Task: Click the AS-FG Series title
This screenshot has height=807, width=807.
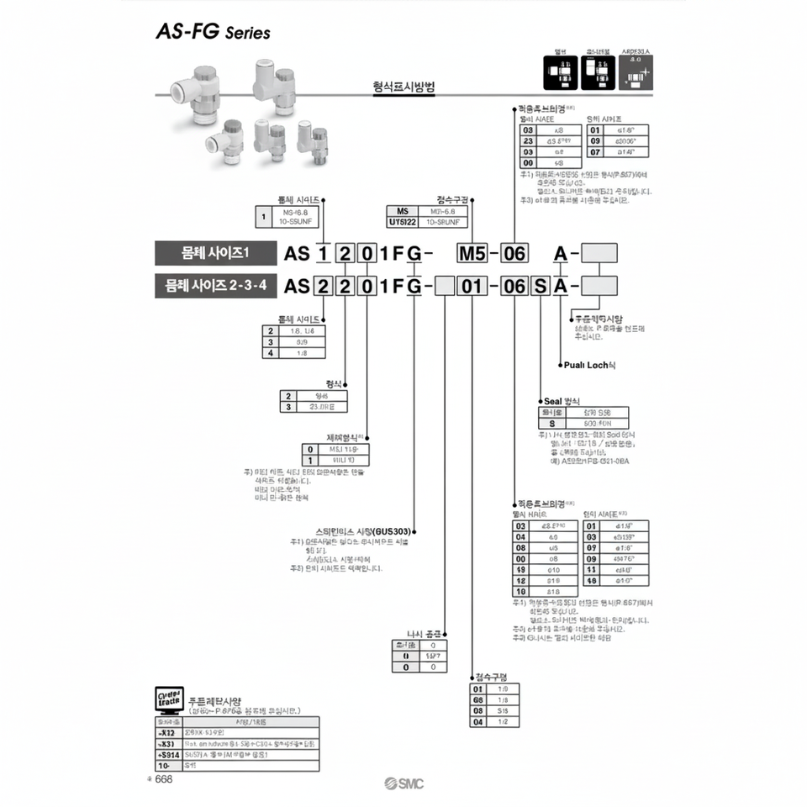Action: [x=213, y=32]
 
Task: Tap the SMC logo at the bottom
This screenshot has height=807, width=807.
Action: [x=404, y=783]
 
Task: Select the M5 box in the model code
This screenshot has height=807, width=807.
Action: [x=471, y=253]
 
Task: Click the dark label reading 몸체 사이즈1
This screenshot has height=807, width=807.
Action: [x=216, y=253]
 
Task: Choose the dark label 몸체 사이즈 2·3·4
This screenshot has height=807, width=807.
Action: [x=216, y=286]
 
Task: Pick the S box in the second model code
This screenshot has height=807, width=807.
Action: [x=539, y=286]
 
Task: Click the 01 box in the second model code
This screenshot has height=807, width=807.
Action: [x=473, y=286]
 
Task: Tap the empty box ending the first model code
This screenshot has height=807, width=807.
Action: [x=599, y=253]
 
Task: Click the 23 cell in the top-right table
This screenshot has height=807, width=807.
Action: [x=528, y=141]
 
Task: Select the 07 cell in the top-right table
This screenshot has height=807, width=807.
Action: [x=595, y=152]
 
